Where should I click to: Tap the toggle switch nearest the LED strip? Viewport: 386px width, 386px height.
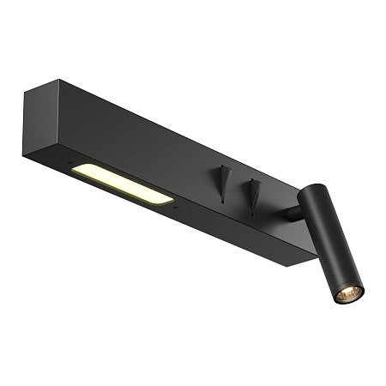tap(223, 179)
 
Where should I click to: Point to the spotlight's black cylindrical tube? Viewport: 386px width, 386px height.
tap(332, 248)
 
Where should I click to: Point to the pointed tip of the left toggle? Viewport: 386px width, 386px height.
tap(222, 201)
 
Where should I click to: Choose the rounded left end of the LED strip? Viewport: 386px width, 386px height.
tap(76, 170)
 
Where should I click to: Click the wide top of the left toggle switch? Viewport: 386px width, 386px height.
tap(224, 170)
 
